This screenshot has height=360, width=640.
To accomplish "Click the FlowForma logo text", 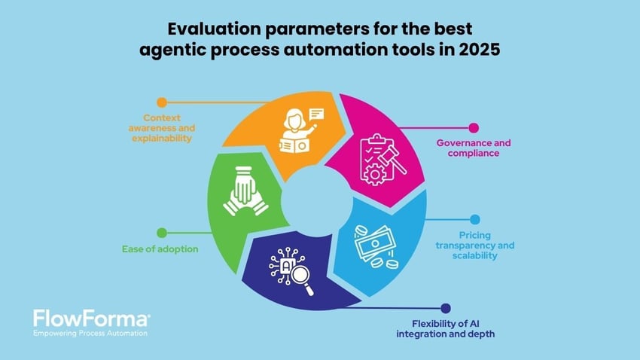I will tap(91, 319).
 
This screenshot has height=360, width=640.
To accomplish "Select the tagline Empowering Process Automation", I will tap(90, 333).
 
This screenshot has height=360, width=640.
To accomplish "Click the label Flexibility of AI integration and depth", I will tap(446, 328).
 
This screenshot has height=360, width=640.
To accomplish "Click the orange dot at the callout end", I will tap(161, 102).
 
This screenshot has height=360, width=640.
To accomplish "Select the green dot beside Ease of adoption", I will tap(161, 233).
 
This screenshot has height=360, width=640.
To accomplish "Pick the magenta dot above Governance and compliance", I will tap(473, 129).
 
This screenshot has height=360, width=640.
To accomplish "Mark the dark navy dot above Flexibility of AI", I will tap(446, 308).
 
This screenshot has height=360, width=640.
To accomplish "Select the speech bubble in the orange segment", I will tap(315, 115).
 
